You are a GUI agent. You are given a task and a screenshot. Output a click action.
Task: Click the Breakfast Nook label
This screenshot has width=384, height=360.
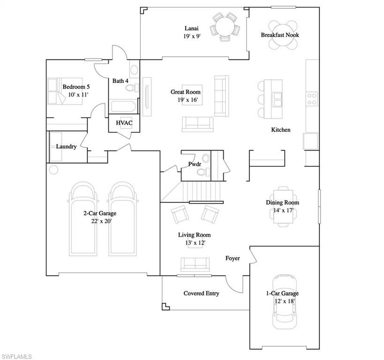click(279, 35)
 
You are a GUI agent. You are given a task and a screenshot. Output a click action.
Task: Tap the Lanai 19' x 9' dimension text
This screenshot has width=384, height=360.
click(192, 36)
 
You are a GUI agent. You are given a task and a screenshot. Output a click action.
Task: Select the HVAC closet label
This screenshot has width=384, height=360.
click(124, 123)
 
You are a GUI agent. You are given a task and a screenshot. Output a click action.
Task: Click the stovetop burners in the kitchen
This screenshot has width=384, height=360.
click(312, 99)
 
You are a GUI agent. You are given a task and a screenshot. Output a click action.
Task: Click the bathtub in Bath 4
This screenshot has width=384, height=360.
click(123, 106)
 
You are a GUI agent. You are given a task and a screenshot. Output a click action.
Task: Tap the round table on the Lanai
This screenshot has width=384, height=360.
click(225, 27)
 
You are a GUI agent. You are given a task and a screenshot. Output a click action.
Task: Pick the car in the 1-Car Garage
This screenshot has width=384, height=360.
click(285, 302)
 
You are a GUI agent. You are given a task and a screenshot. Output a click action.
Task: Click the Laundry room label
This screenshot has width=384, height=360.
click(66, 146)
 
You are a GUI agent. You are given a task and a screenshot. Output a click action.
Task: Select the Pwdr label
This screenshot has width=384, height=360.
click(195, 164)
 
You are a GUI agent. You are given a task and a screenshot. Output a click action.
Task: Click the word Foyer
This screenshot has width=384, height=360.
click(233, 258)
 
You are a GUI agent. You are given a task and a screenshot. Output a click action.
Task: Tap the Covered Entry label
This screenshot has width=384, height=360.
click(201, 293)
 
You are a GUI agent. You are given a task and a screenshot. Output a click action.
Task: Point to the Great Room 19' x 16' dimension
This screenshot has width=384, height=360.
click(188, 100)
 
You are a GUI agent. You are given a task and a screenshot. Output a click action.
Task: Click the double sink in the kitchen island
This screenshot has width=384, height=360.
click(277, 99)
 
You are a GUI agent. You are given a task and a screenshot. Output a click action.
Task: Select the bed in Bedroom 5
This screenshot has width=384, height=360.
click(65, 91)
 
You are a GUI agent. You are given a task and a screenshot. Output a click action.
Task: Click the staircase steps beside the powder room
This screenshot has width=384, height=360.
click(202, 191)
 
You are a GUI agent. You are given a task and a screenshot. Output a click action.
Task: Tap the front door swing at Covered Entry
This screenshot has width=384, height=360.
click(234, 284)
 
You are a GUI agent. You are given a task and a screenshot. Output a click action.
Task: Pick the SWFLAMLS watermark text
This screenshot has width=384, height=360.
click(16, 356)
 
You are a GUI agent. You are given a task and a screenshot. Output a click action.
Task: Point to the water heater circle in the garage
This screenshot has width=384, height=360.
click(53, 170)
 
